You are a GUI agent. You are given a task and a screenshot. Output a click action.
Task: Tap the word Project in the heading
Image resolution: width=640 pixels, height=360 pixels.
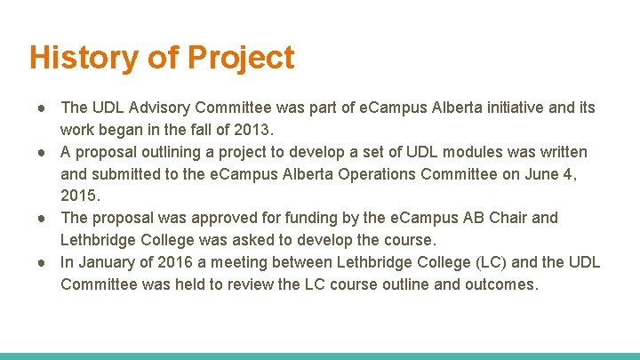(240, 58)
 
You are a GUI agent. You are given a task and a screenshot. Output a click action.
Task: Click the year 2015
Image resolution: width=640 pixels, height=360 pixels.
(80, 196)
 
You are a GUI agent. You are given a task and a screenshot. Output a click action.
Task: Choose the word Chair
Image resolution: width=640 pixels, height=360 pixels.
(508, 218)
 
